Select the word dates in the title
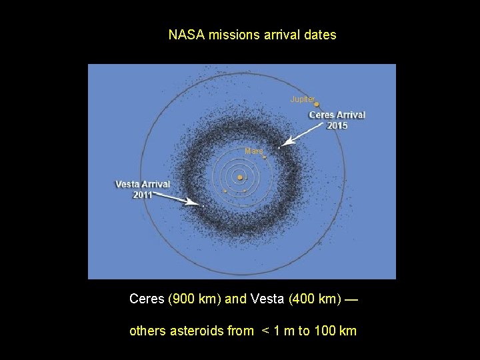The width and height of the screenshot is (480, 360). click(x=321, y=35)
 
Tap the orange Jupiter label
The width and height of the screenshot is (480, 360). click(x=302, y=99)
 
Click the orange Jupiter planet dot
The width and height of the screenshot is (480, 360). click(x=317, y=104)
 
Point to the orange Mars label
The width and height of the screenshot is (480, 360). click(x=253, y=151)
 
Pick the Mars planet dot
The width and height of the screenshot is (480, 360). click(x=265, y=157)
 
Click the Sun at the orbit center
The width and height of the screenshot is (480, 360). click(x=239, y=177)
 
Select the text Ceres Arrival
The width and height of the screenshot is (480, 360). click(x=337, y=115)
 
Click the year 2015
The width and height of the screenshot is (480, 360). click(x=337, y=125)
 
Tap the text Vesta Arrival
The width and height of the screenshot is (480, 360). click(x=143, y=184)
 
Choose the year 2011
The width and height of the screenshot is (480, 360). click(x=143, y=195)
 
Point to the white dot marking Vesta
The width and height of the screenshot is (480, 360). click(x=202, y=206)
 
